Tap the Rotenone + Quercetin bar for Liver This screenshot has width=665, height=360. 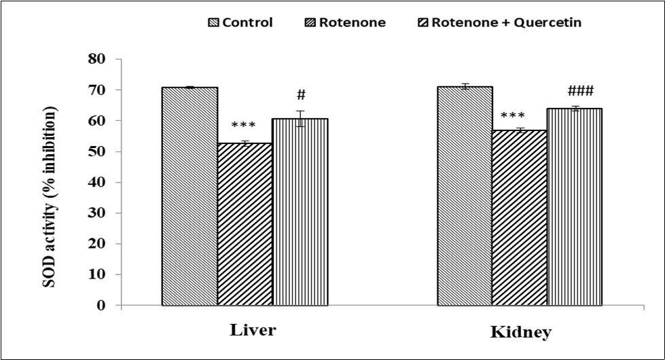[300, 211]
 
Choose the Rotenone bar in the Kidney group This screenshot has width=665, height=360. [520, 217]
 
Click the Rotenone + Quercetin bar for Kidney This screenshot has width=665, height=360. [575, 206]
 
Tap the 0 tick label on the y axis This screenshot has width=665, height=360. [101, 306]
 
